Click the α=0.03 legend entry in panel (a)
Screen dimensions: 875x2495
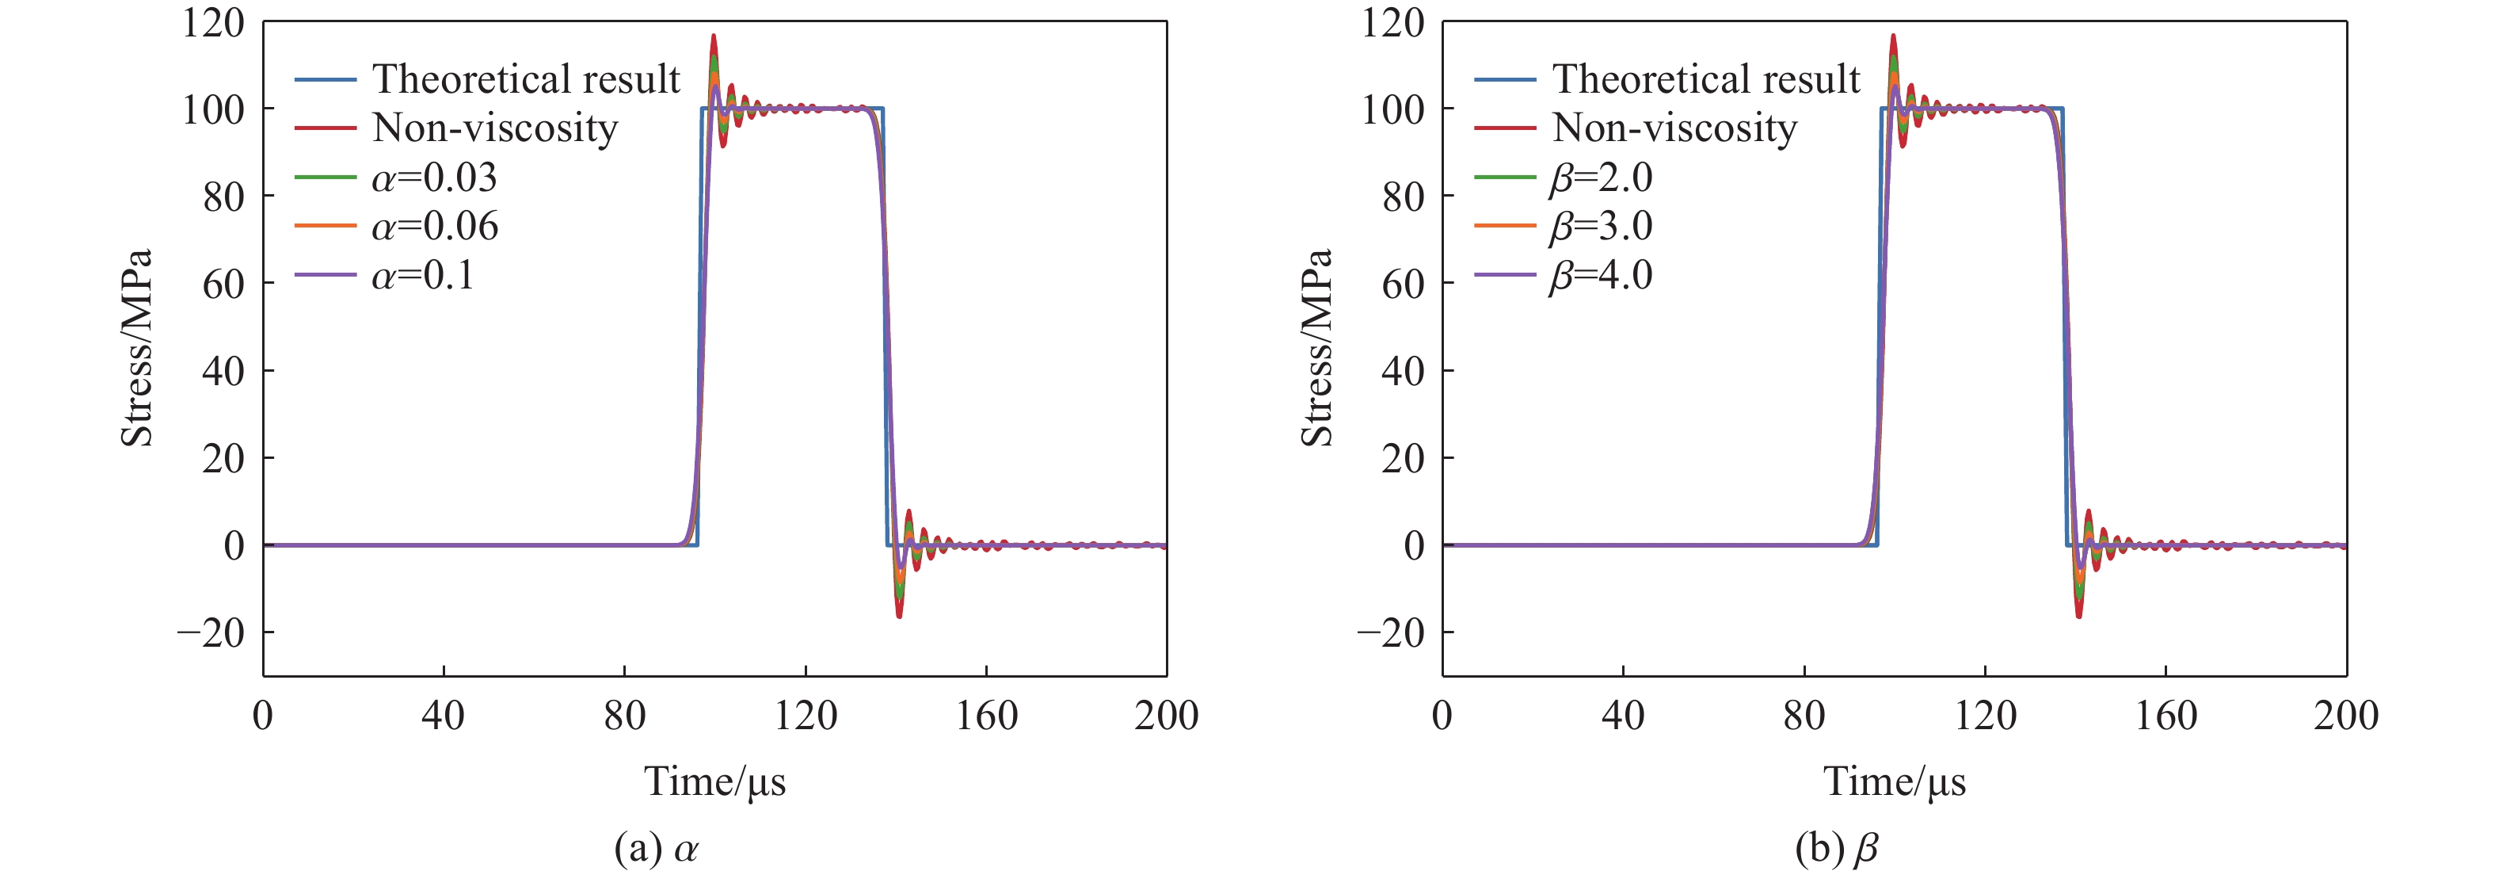[434, 178]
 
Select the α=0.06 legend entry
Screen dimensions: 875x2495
[434, 227]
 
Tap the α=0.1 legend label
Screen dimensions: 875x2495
[423, 276]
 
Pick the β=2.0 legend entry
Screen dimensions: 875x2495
[1601, 178]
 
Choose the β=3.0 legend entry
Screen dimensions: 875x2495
[1601, 227]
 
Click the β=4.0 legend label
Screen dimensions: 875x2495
[1601, 276]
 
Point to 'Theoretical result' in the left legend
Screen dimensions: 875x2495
[526, 79]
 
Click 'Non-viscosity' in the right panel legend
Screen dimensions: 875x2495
[1674, 128]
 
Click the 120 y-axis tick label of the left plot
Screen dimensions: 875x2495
[213, 22]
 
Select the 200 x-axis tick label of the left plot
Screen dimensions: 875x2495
[1166, 716]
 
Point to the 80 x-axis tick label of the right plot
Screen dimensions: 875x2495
[1804, 716]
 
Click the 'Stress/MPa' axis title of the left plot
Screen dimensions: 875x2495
[136, 348]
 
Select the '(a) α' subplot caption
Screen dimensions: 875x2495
[656, 849]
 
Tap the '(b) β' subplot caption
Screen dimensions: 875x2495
[1835, 849]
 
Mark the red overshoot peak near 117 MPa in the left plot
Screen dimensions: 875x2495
[714, 36]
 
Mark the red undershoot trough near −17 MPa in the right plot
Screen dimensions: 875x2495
[2078, 617]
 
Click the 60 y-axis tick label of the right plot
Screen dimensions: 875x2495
[1403, 284]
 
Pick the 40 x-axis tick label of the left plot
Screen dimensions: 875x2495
[443, 716]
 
